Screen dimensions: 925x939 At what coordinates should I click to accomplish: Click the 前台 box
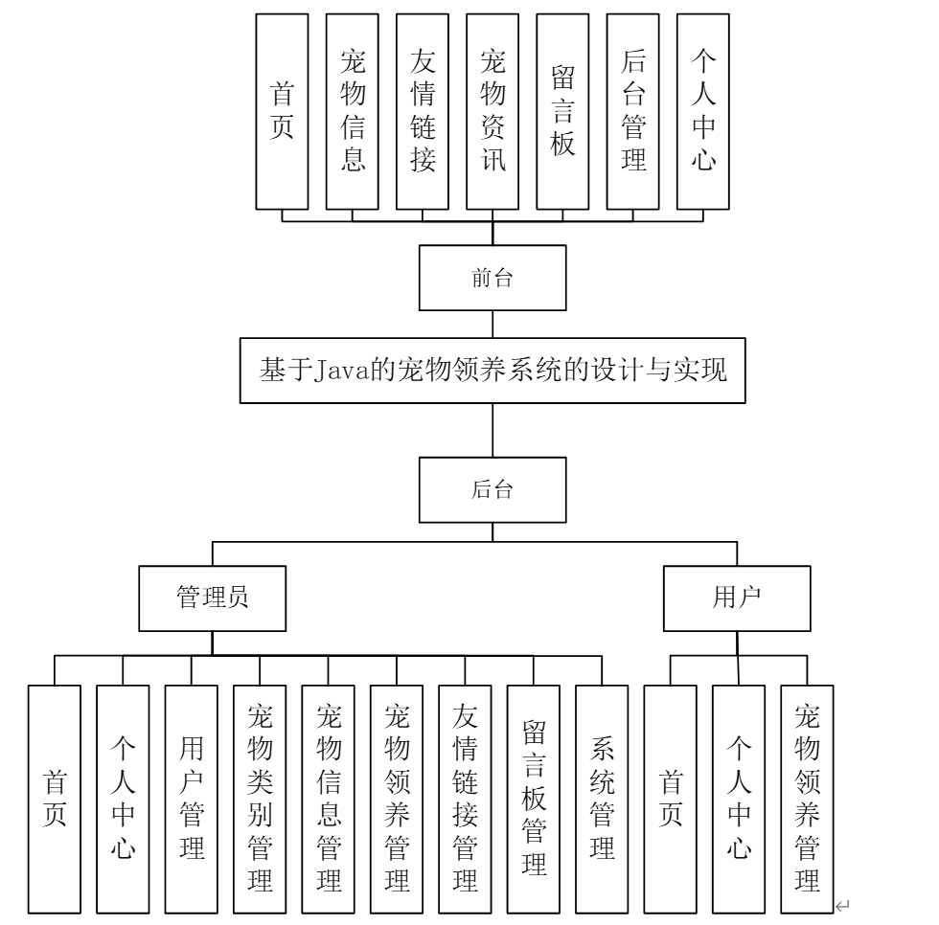click(x=492, y=279)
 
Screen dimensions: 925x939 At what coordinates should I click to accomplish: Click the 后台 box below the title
click(x=492, y=491)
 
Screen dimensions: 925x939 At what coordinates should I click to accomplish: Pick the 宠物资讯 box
click(x=492, y=112)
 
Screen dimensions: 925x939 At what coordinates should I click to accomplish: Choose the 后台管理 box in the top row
click(x=632, y=112)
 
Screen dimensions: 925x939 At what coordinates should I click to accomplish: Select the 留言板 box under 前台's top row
click(x=562, y=112)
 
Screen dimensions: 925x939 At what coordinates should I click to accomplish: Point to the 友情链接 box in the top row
click(x=423, y=112)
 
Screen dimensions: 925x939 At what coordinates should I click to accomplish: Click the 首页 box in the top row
click(x=283, y=112)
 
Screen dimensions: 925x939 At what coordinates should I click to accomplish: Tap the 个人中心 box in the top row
click(x=702, y=112)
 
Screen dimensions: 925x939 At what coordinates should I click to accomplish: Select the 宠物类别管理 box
click(x=260, y=798)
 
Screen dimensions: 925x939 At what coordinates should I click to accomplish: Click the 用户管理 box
click(x=191, y=798)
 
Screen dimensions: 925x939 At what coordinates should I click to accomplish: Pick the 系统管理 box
click(x=602, y=798)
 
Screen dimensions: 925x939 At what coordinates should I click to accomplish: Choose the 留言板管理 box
click(x=534, y=798)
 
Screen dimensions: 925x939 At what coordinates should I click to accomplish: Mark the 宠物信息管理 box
click(x=328, y=798)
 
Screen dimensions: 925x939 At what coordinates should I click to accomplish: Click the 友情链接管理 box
click(x=465, y=798)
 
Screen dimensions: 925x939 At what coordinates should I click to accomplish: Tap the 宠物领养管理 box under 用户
click(x=807, y=798)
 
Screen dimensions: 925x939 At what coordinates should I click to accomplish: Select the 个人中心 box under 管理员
click(x=123, y=798)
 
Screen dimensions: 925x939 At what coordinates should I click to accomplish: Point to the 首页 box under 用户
click(x=670, y=798)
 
